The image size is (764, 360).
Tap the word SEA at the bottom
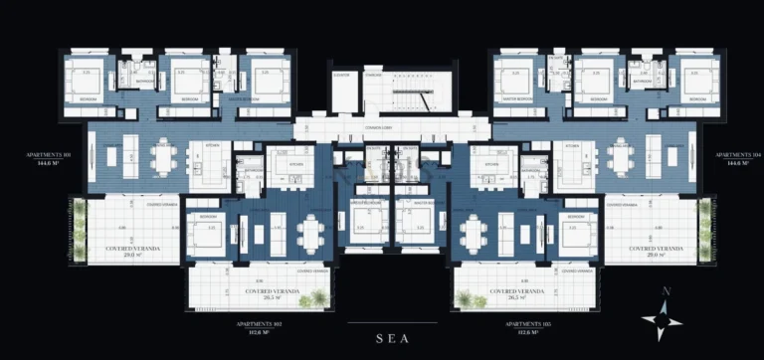[x=392, y=338]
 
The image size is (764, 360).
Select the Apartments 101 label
[x=48, y=160]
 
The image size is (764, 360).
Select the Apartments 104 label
[x=735, y=160]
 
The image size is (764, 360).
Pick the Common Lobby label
[x=391, y=129]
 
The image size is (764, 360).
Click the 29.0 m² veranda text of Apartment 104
[x=654, y=254]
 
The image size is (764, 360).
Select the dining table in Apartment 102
[x=311, y=235]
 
